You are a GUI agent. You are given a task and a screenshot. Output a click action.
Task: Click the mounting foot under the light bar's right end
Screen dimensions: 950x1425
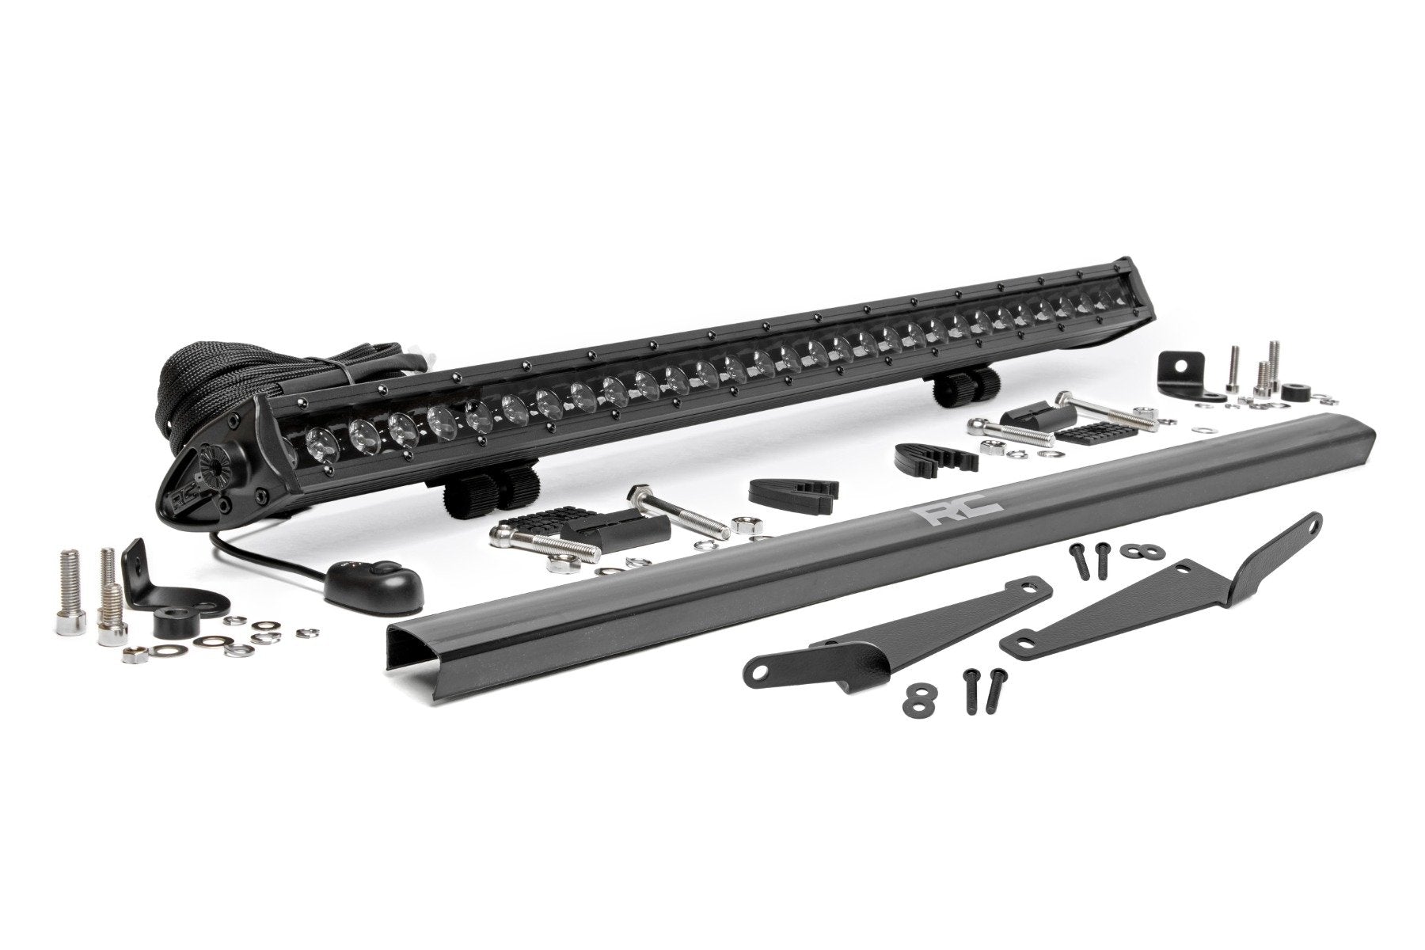pyautogui.click(x=963, y=386)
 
